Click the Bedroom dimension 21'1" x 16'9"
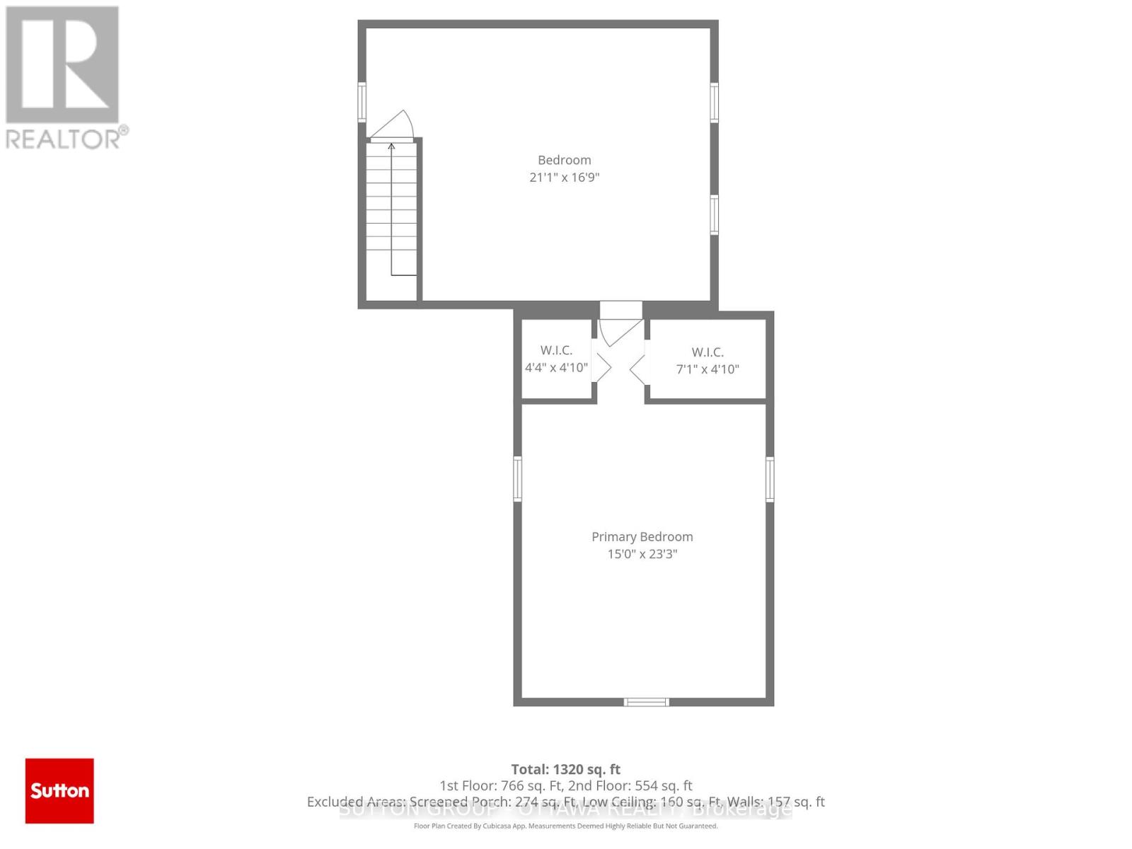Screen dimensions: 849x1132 pyautogui.click(x=564, y=178)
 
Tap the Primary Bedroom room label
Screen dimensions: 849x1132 pyautogui.click(x=642, y=537)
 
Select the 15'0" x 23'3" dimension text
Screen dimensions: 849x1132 pyautogui.click(x=642, y=554)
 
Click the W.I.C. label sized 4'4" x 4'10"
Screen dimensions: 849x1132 pyautogui.click(x=556, y=350)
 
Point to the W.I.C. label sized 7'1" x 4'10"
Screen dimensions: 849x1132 pyautogui.click(x=707, y=352)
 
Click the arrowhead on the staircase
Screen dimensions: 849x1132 pyautogui.click(x=391, y=147)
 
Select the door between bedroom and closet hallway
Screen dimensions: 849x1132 pyautogui.click(x=619, y=331)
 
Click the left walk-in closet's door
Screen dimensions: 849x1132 pyautogui.click(x=602, y=368)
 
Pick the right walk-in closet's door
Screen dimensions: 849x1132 pyautogui.click(x=637, y=369)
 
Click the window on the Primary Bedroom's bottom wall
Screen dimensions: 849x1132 pyautogui.click(x=646, y=702)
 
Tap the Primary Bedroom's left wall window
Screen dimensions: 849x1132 pyautogui.click(x=518, y=479)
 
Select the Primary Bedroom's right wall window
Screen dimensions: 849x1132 pyautogui.click(x=770, y=479)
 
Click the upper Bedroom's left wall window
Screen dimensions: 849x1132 pyautogui.click(x=362, y=103)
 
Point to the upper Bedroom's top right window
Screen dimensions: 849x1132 pyautogui.click(x=715, y=103)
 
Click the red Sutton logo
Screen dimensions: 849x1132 pyautogui.click(x=59, y=790)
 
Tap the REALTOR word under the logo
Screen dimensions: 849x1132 pyautogui.click(x=64, y=138)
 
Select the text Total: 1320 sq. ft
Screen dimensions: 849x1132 pyautogui.click(x=565, y=769)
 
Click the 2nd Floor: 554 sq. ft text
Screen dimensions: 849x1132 pyautogui.click(x=630, y=785)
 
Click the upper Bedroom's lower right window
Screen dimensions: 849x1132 pyautogui.click(x=715, y=214)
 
